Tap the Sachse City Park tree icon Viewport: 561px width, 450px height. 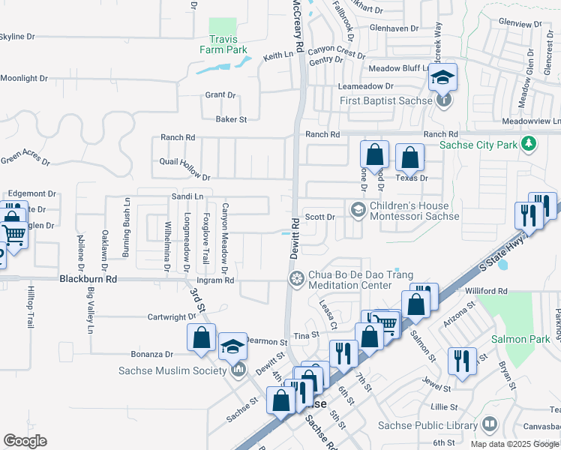[x=529, y=142]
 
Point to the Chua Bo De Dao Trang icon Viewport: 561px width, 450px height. [x=297, y=279]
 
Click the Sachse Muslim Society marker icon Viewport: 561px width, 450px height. [x=238, y=369]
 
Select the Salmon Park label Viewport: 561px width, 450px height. [x=515, y=340]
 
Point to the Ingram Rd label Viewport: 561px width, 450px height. [x=220, y=280]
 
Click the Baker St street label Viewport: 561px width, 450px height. [x=231, y=119]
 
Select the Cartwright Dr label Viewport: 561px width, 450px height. [x=171, y=317]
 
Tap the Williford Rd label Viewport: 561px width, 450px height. [x=487, y=291]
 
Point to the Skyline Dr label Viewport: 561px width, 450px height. [x=16, y=36]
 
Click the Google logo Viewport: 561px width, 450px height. [x=25, y=441]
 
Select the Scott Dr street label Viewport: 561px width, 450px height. [x=319, y=217]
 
